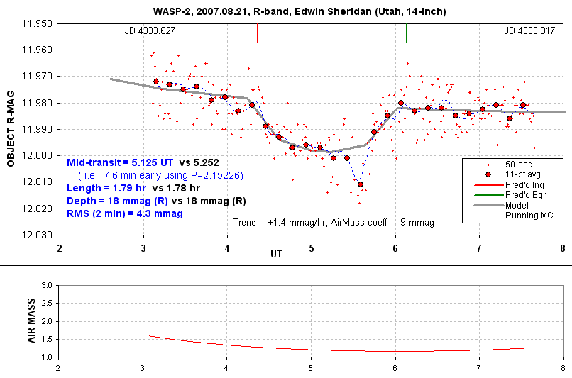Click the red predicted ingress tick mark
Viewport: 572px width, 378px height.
[258, 33]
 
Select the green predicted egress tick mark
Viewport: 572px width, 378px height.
[407, 33]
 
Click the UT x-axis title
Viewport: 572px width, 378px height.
[277, 253]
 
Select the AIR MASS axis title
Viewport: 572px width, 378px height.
[31, 321]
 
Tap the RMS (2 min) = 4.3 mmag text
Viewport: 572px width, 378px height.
[125, 213]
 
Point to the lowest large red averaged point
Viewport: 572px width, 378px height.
[361, 184]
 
